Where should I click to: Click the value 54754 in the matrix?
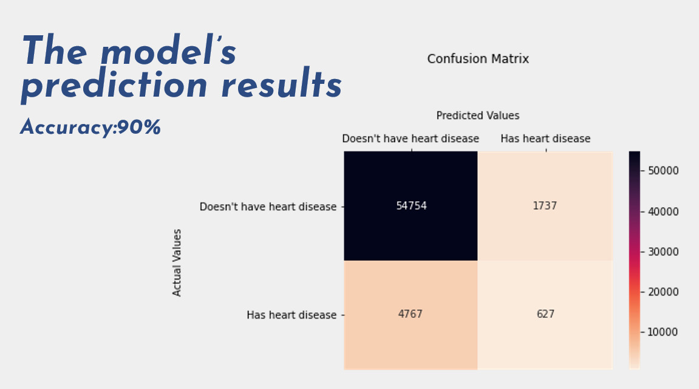411,205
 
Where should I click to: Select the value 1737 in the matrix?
545,205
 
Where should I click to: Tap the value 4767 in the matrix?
411,314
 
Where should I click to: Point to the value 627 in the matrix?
545,314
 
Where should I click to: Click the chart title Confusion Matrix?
478,59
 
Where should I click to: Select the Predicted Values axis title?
478,115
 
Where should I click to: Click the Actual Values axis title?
177,263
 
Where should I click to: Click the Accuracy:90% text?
90,128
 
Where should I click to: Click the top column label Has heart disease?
545,139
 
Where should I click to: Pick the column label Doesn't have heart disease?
411,139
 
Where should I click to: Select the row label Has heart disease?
291,315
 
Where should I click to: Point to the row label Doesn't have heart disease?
268,207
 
